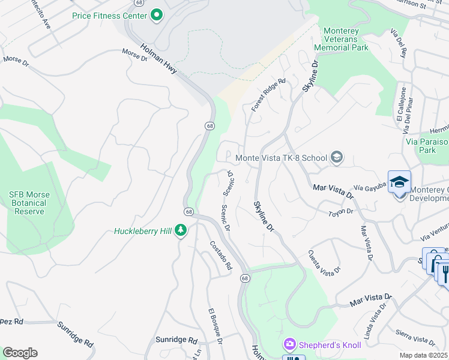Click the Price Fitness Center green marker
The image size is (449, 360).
tap(157, 14)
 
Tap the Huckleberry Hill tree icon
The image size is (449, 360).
tap(181, 231)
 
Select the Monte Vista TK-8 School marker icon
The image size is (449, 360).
tap(336, 158)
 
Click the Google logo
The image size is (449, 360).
tap(20, 353)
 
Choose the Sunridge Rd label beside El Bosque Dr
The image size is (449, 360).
tap(176, 340)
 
